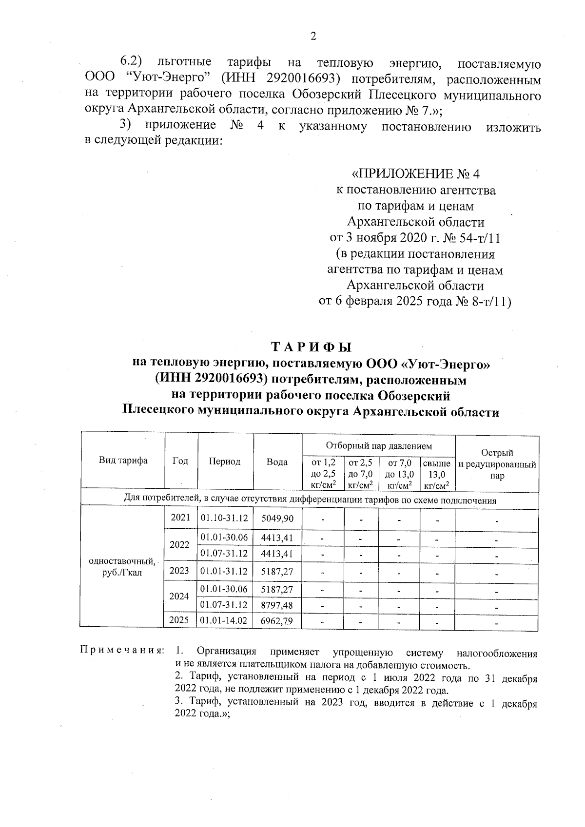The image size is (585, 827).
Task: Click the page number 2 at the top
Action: coord(313,36)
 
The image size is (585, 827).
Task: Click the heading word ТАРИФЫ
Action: coord(312,347)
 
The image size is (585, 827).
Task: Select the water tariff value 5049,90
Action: coord(277,519)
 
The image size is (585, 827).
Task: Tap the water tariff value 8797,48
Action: coord(277,605)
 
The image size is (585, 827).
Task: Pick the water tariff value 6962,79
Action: coord(277,621)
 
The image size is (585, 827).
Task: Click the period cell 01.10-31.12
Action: coord(224,519)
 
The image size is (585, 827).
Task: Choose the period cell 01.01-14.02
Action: coord(224,621)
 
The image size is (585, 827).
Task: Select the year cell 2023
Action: coord(179,571)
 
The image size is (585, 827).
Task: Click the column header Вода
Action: coord(277,462)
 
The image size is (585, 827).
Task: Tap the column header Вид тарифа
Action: coord(123,461)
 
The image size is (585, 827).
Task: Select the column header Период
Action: coord(224,462)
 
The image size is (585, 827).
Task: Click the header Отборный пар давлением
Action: coord(378,445)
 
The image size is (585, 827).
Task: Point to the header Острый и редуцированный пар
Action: coord(497,464)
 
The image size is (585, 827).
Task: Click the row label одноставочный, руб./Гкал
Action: coord(122,567)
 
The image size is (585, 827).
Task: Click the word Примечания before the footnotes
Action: coord(122,652)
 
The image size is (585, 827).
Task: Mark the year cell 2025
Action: coord(179,620)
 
